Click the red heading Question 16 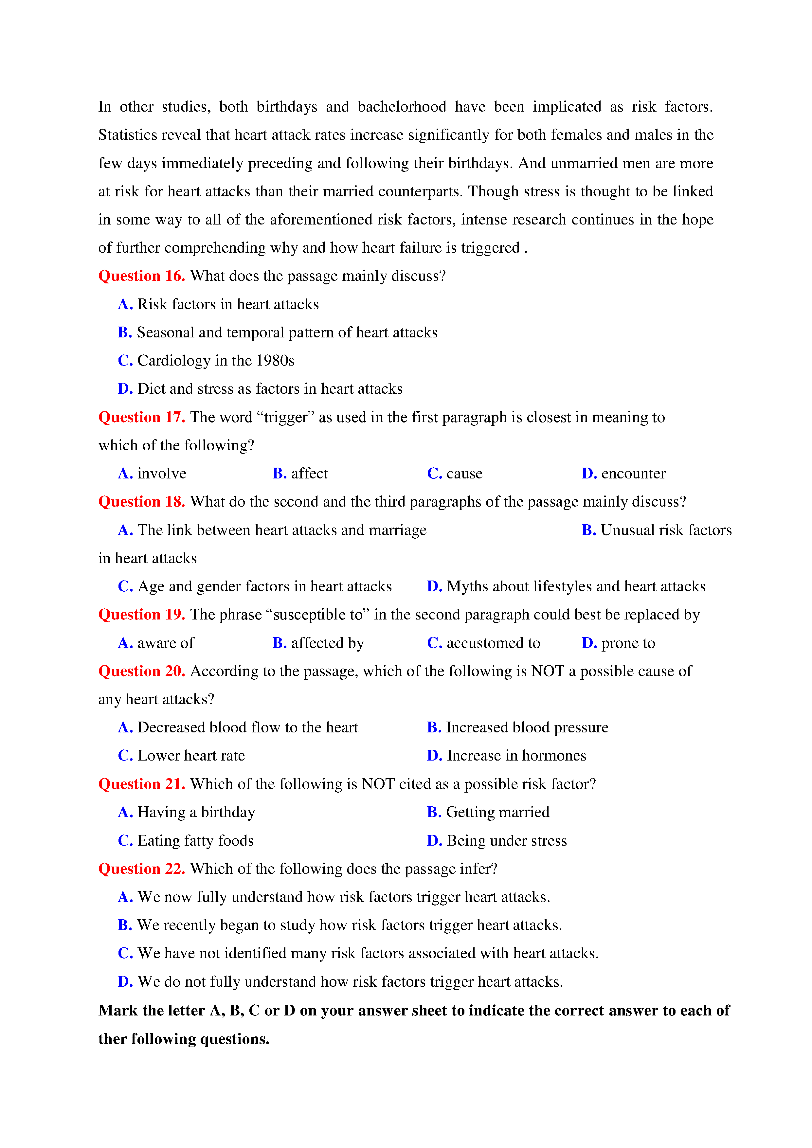point(141,276)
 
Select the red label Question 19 point(141,615)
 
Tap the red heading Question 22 point(141,869)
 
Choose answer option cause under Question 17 point(464,474)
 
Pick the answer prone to point(628,643)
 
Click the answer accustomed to point(493,643)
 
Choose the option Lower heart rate point(191,756)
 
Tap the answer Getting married point(497,812)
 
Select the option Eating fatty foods point(195,840)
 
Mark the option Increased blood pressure point(527,727)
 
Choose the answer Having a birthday point(196,812)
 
